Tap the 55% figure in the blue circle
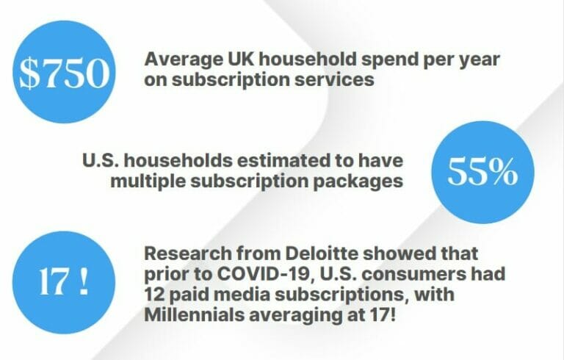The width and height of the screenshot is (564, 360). coord(483,173)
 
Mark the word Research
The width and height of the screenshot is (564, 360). coord(187,254)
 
